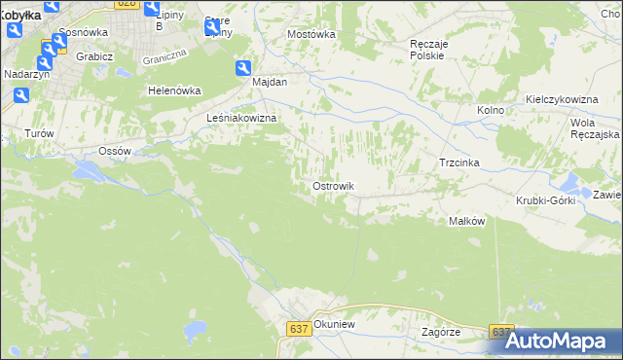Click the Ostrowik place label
pos(332,186)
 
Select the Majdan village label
pos(270,82)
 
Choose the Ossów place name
pos(116,151)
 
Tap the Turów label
pos(37,132)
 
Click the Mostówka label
pos(311,34)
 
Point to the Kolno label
pos(491,110)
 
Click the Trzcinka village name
pos(460,162)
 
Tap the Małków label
pos(466,221)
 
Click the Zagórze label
pos(441,332)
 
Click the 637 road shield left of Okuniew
pos(299,330)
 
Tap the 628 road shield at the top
pos(125,4)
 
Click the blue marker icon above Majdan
pos(242,67)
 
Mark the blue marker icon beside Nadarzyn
pos(20,95)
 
